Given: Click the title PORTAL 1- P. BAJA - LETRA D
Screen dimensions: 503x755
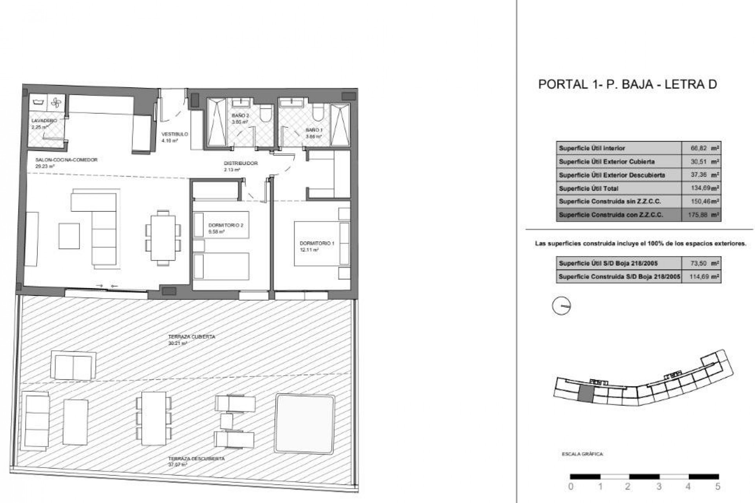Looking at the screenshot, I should (x=627, y=84).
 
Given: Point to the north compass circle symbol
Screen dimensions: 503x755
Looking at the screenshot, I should (x=561, y=306).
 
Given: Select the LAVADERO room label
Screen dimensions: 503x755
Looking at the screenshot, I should (x=44, y=121).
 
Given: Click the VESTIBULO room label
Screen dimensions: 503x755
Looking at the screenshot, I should (x=175, y=134).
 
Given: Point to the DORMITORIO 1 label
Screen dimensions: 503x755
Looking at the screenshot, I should (x=317, y=244).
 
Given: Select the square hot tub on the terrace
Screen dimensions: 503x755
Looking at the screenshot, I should (x=305, y=422).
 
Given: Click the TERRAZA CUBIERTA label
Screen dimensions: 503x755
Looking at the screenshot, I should (x=192, y=337).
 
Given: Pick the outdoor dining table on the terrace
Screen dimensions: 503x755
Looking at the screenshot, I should (x=153, y=419).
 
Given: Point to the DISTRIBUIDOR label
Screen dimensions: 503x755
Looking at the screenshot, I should (x=241, y=163).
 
